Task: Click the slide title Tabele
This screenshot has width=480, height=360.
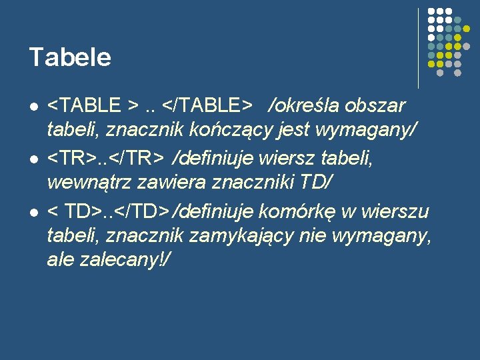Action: pos(70,57)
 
